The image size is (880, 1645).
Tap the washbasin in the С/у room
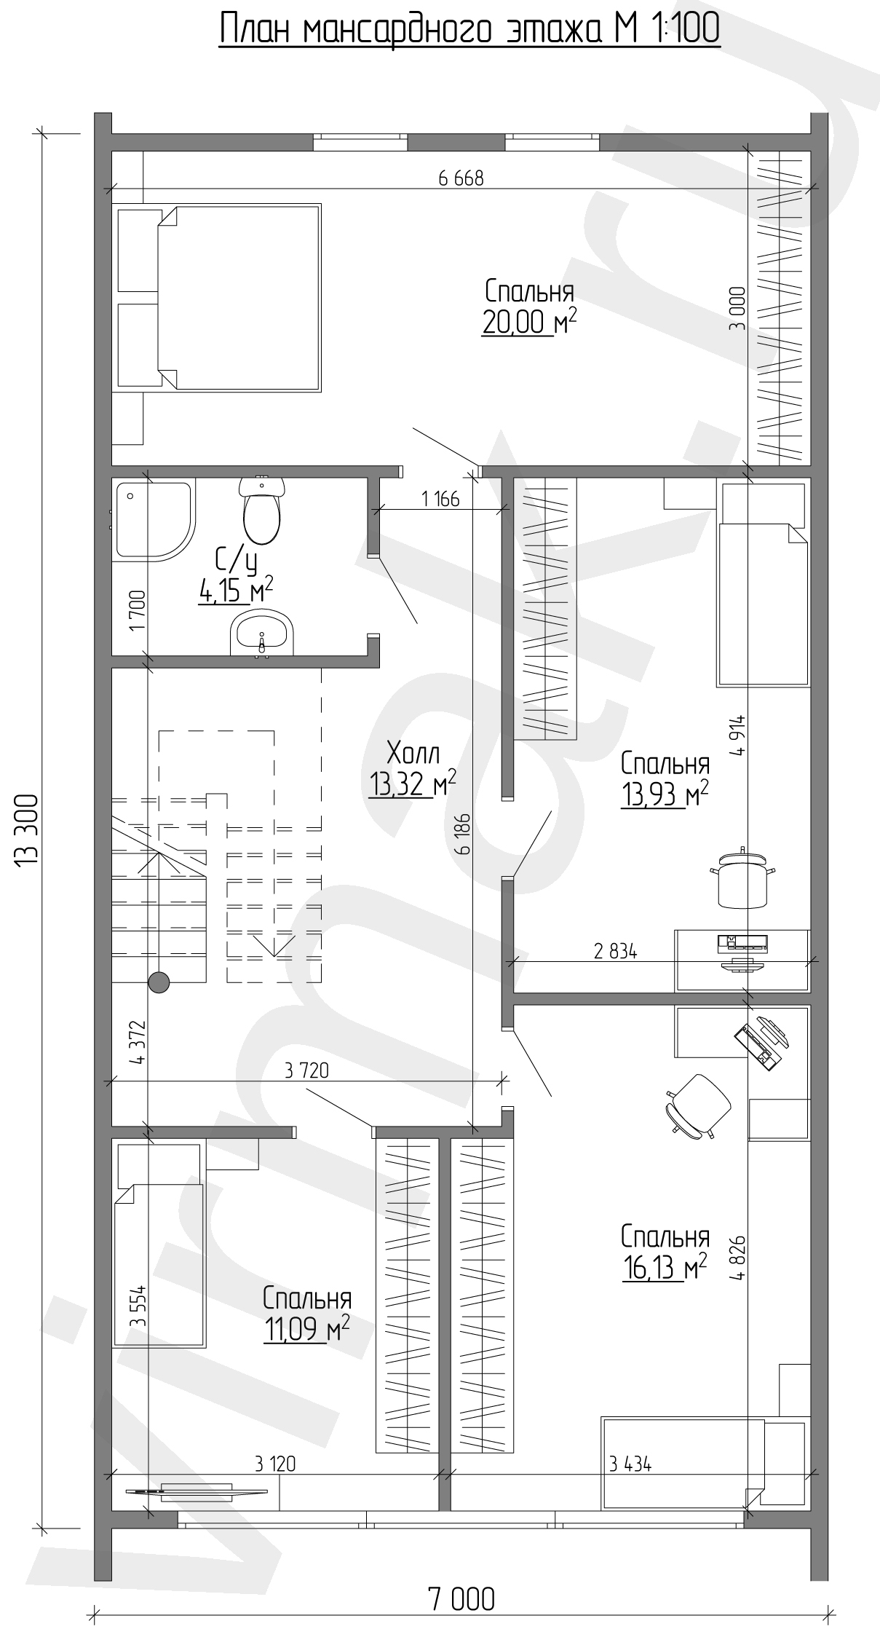pos(262,634)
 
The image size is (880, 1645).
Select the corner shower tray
pos(153,520)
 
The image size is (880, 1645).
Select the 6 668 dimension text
pos(461,178)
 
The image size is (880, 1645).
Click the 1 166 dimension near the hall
pos(440,499)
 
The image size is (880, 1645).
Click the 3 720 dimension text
pos(307,1070)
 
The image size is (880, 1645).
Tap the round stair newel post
pos(159,983)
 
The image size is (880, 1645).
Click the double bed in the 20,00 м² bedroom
pos(218,298)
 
